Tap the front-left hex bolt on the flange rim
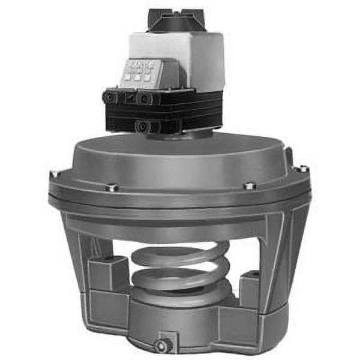coord(112,187)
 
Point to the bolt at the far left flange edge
coord(56,174)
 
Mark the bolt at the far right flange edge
coord(304,169)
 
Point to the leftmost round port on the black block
coord(110,97)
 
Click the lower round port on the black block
coord(142,127)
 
